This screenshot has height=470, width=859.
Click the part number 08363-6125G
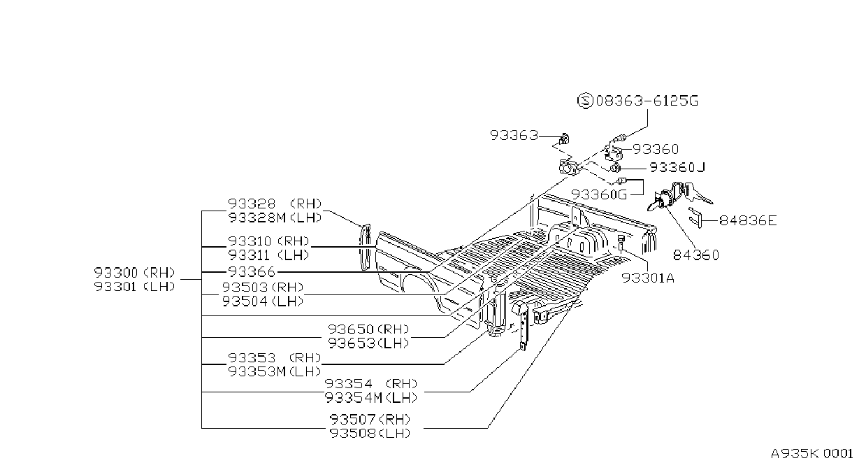[647, 101]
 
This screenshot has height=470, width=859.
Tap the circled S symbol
[585, 101]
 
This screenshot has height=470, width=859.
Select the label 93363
[514, 135]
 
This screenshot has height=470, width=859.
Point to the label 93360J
[677, 167]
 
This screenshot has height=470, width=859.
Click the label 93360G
[599, 194]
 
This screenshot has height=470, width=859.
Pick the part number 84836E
[748, 220]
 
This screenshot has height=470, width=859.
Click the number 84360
[696, 255]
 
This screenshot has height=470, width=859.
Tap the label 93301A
[648, 278]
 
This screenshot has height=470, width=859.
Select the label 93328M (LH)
[275, 218]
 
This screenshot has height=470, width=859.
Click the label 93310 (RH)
[268, 241]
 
